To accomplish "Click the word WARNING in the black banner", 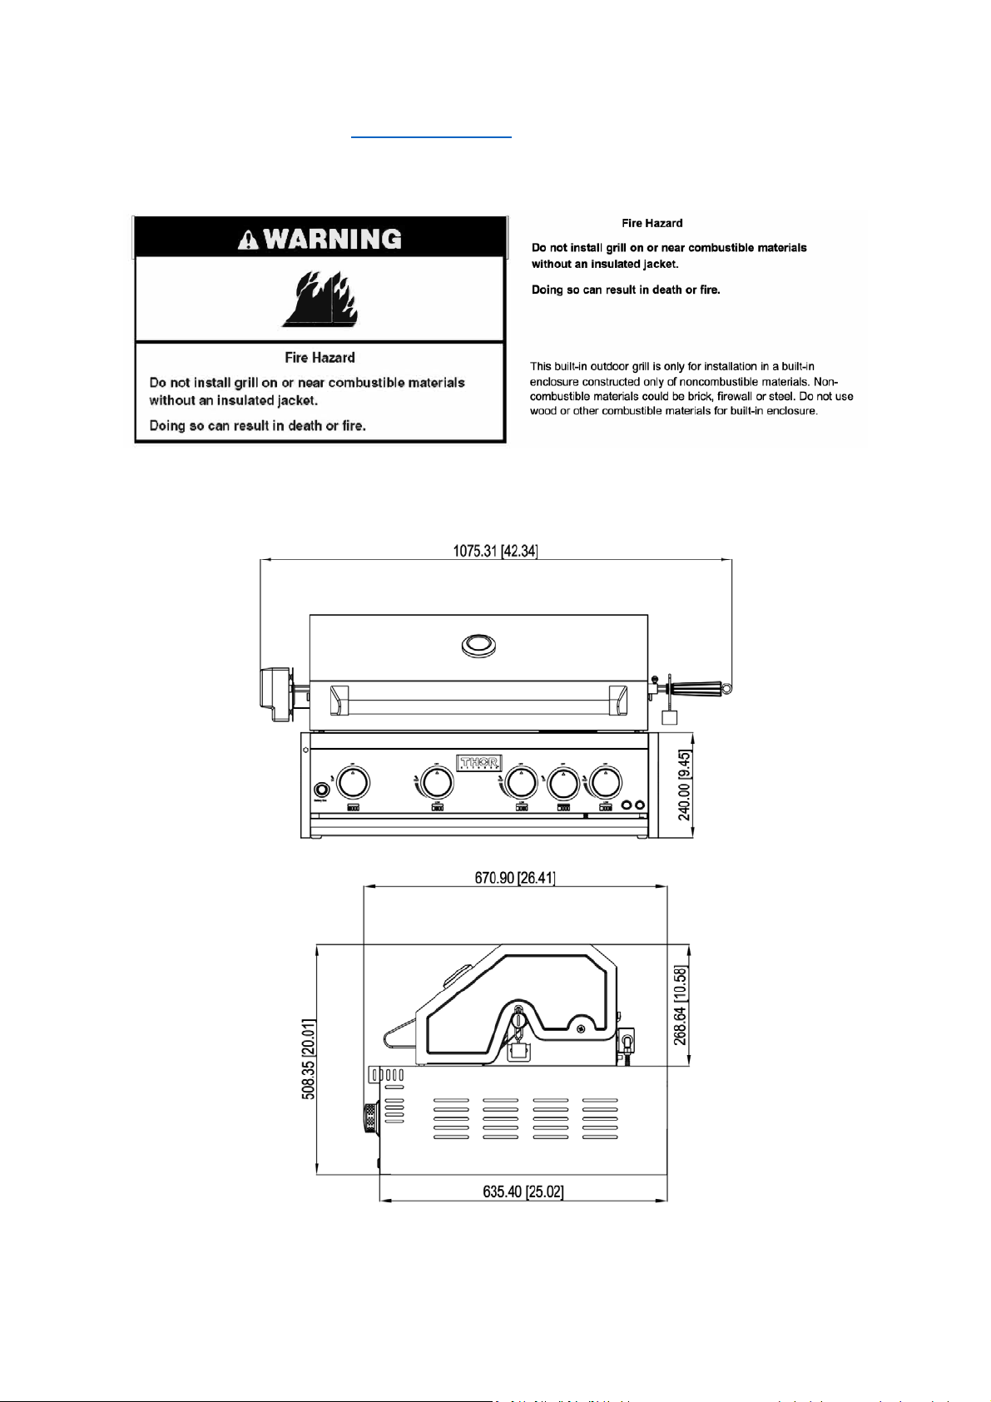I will pyautogui.click(x=332, y=240).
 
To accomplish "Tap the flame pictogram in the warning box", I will pyautogui.click(x=320, y=300).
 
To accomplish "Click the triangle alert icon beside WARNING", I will pyautogui.click(x=248, y=240).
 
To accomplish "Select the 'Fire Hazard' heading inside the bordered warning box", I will pyautogui.click(x=320, y=358).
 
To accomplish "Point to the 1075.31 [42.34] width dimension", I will pyautogui.click(x=495, y=551).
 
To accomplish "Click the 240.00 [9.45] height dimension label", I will pyautogui.click(x=684, y=785).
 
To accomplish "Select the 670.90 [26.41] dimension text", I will pyautogui.click(x=515, y=878).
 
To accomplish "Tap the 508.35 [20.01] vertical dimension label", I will pyautogui.click(x=309, y=1058).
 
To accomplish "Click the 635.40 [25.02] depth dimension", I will pyautogui.click(x=523, y=1192).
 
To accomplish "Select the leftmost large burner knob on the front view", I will pyautogui.click(x=353, y=783).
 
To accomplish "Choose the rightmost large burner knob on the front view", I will pyautogui.click(x=605, y=783).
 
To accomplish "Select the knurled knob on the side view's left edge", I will pyautogui.click(x=369, y=1117).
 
